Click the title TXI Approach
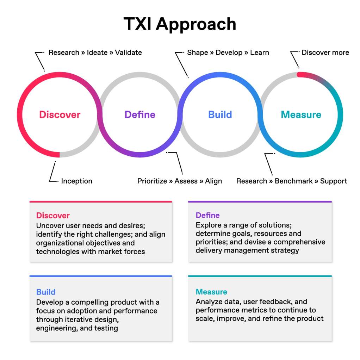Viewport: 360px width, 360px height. [180, 24]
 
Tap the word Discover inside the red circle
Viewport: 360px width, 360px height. [60, 114]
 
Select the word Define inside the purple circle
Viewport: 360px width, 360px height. [140, 114]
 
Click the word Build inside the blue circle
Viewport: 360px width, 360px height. [220, 114]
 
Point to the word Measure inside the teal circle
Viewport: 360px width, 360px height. [301, 114]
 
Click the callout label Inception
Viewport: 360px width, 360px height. [76, 181]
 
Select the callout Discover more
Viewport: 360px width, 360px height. [325, 52]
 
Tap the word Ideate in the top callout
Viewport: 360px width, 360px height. [97, 52]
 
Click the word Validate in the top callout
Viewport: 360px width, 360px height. [128, 52]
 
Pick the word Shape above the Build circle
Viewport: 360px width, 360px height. [197, 52]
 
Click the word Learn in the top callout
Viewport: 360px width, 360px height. [260, 52]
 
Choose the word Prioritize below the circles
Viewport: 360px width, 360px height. [152, 181]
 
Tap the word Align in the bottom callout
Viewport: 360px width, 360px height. [213, 181]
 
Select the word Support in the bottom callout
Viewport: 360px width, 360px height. [334, 181]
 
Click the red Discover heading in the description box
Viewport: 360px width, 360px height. [53, 216]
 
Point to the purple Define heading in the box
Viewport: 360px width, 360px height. [207, 215]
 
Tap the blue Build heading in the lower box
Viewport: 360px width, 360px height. [46, 292]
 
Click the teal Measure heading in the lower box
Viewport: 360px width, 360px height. [211, 292]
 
